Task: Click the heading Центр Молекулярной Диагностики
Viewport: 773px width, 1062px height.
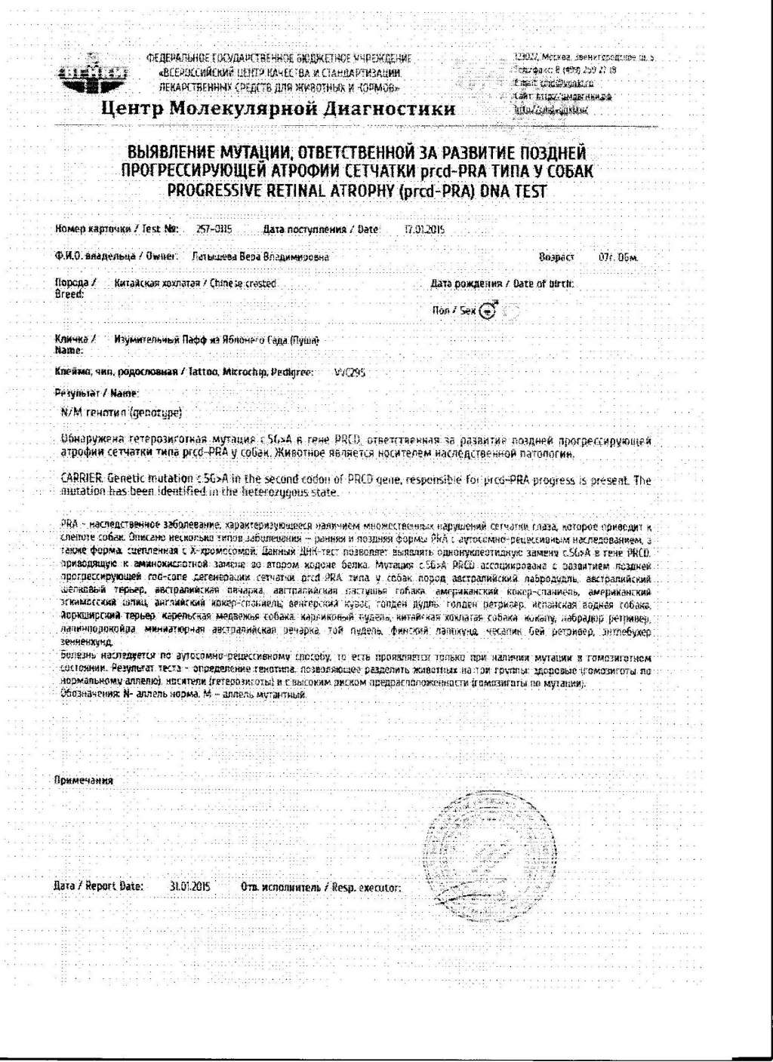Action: coord(278,109)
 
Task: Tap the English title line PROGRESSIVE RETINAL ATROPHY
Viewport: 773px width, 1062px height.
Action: coord(356,191)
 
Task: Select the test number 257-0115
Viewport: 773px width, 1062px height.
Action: coord(214,229)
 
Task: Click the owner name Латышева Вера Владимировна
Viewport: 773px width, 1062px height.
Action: coord(260,256)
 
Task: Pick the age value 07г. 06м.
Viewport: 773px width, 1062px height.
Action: coord(618,257)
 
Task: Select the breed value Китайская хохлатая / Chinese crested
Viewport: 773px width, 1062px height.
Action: coord(195,284)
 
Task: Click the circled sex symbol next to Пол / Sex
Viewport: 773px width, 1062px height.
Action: coord(488,310)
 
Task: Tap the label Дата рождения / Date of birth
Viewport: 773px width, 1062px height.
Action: coord(501,284)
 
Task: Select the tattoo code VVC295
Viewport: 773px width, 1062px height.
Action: coord(350,372)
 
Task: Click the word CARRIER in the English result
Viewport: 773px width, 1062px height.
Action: coord(82,480)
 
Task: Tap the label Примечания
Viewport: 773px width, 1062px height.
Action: coord(84,781)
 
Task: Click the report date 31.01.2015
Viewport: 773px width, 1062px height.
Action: coord(189,886)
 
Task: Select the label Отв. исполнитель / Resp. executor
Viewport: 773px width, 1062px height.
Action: coord(320,887)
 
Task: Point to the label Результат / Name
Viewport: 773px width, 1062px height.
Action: coord(97,393)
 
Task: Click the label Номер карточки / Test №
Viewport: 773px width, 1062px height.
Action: coord(116,229)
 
